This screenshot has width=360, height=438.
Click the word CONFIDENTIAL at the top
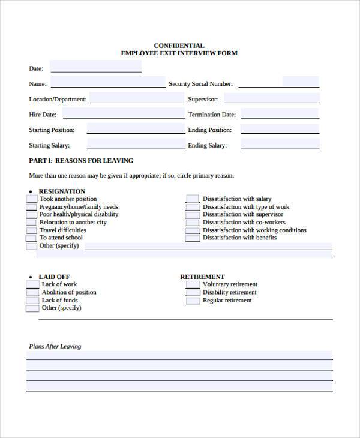point(179,46)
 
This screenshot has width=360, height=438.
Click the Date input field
point(95,67)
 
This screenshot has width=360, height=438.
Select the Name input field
point(108,82)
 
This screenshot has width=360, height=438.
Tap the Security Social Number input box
point(300,82)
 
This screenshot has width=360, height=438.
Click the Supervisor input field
point(271,98)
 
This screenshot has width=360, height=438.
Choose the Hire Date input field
point(124,113)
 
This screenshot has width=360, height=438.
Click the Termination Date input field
point(280,113)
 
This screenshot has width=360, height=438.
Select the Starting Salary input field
point(136,143)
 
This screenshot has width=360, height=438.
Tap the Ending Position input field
point(280,128)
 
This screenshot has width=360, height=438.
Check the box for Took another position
point(31,199)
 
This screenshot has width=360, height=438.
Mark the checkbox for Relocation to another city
point(31,223)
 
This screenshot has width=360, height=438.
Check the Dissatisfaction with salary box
point(192,199)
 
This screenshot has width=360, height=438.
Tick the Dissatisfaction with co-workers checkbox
point(192,223)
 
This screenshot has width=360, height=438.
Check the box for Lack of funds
point(32,301)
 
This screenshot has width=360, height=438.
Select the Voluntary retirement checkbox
point(192,285)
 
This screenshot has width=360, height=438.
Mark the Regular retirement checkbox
point(192,301)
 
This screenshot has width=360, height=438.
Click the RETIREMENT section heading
point(202,277)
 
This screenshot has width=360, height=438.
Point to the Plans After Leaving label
point(55,346)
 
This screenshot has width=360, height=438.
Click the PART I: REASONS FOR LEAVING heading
point(81,161)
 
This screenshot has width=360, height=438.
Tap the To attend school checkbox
point(31,238)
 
